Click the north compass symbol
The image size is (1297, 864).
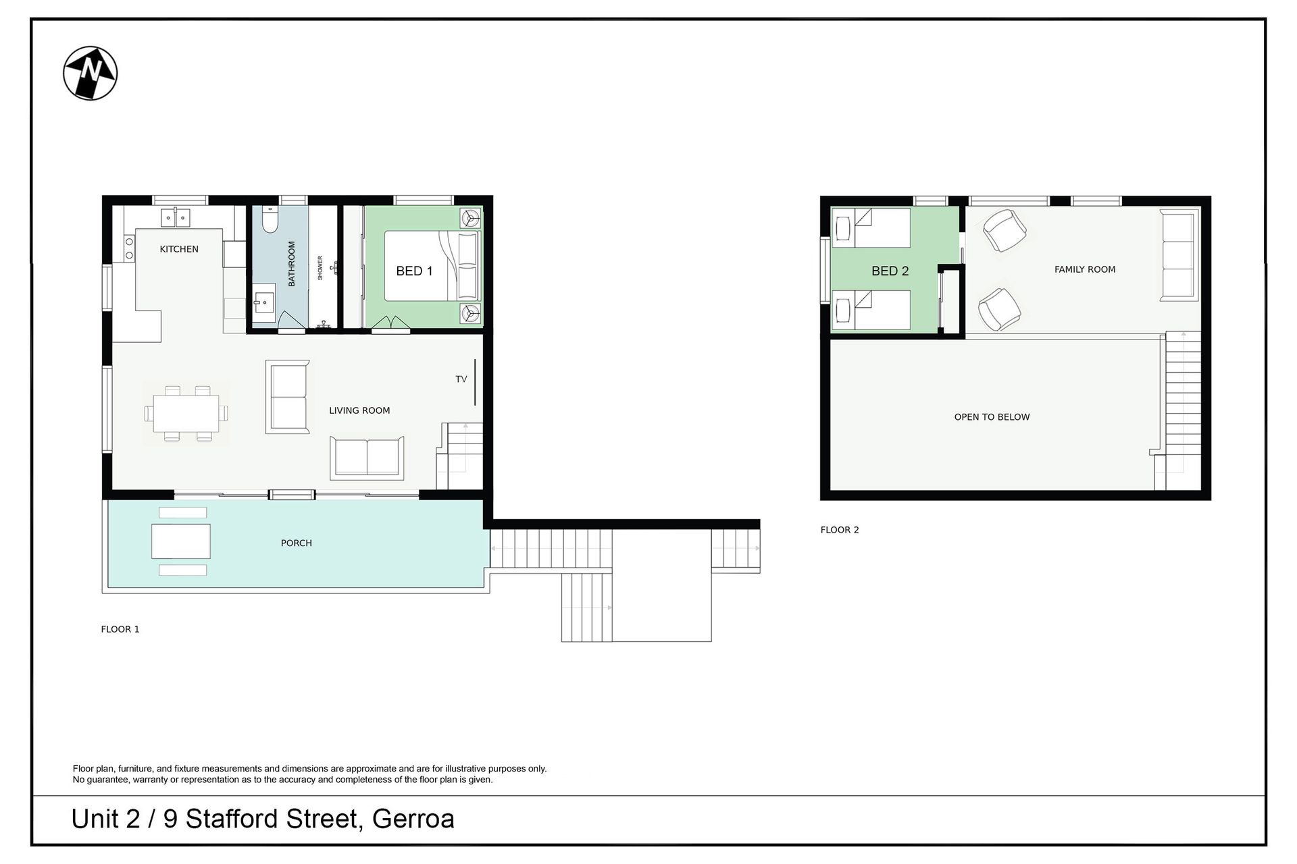pyautogui.click(x=91, y=73)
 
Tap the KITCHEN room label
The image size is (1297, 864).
pyautogui.click(x=179, y=249)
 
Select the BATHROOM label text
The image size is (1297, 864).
pyautogui.click(x=292, y=264)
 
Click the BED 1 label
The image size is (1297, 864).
pyautogui.click(x=414, y=271)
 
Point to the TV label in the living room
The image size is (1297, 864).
pyautogui.click(x=461, y=379)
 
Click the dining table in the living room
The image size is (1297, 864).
pyautogui.click(x=186, y=413)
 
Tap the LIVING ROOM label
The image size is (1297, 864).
pyautogui.click(x=359, y=410)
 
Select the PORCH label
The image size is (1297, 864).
pyautogui.click(x=297, y=543)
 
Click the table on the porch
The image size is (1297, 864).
pyautogui.click(x=181, y=541)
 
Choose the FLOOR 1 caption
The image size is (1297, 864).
pyautogui.click(x=120, y=629)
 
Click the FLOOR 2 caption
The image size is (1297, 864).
pyautogui.click(x=840, y=530)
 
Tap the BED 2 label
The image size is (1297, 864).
pyautogui.click(x=890, y=271)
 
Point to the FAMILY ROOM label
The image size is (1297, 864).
pyautogui.click(x=1085, y=269)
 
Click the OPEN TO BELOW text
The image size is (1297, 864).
pyautogui.click(x=992, y=417)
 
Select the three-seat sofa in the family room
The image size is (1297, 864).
pyautogui.click(x=1179, y=255)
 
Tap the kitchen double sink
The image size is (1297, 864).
pyautogui.click(x=176, y=218)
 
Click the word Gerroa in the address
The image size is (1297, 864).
pyautogui.click(x=413, y=819)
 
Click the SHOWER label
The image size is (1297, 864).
pyautogui.click(x=320, y=268)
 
